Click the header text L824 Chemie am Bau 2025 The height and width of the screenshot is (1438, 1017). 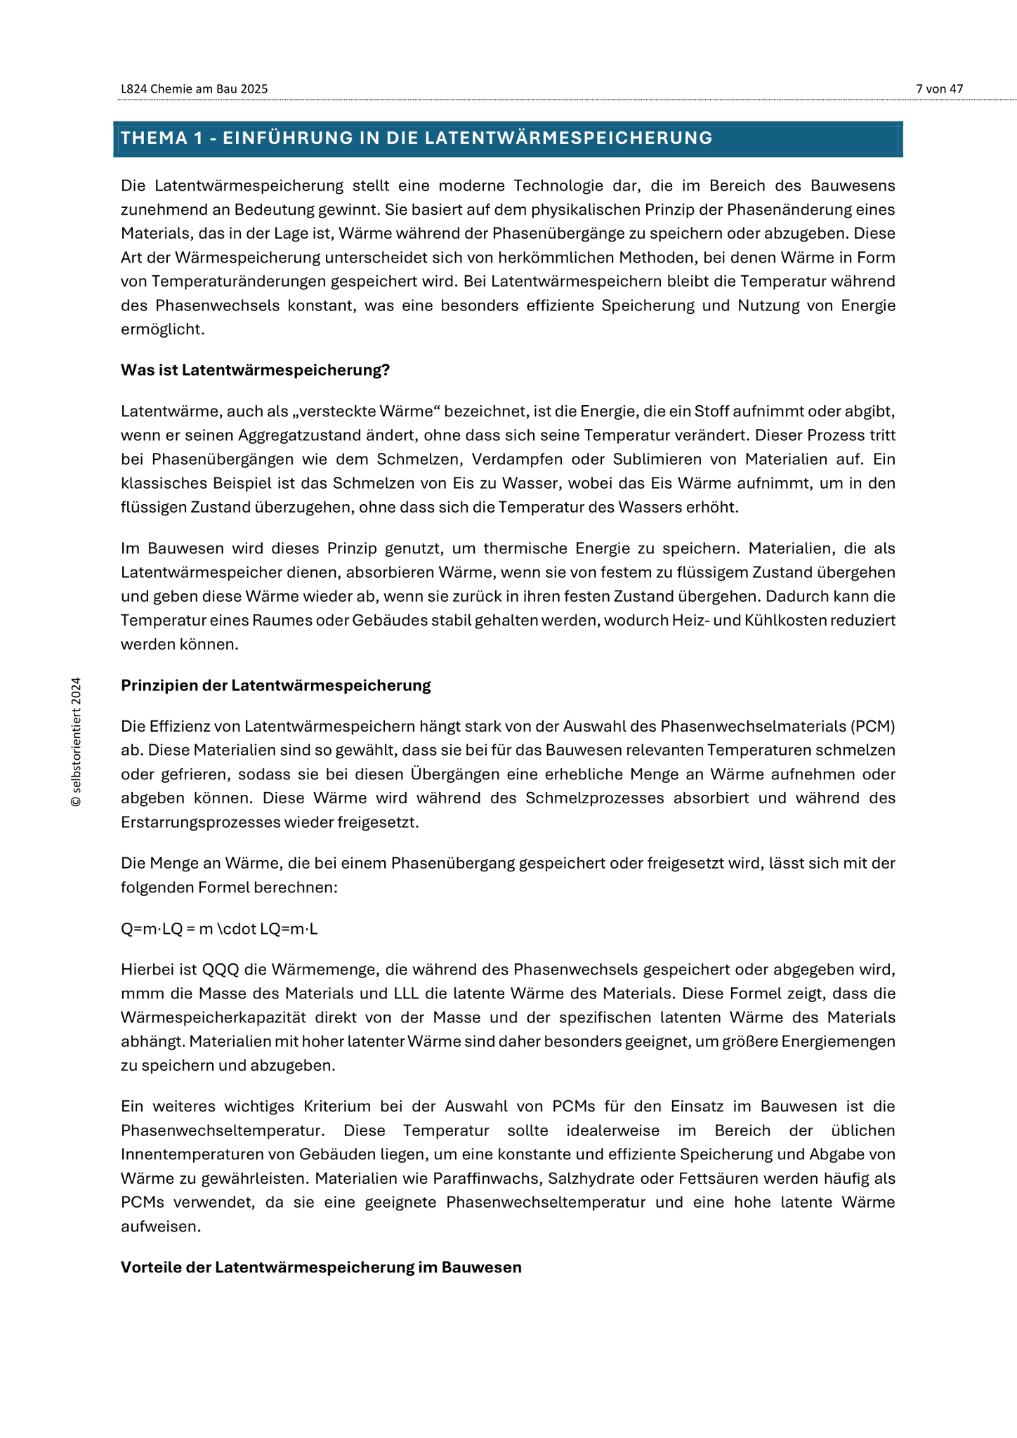pyautogui.click(x=194, y=89)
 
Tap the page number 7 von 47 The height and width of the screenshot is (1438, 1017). pyautogui.click(x=939, y=89)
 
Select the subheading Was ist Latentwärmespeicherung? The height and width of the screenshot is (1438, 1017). pyautogui.click(x=255, y=370)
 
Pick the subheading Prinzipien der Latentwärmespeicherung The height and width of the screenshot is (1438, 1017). pyautogui.click(x=275, y=685)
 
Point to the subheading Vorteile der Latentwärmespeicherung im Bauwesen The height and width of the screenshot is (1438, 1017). pyautogui.click(x=321, y=1267)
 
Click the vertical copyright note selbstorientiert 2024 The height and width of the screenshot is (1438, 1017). pyautogui.click(x=77, y=741)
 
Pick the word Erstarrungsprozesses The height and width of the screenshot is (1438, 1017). pyautogui.click(x=200, y=822)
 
